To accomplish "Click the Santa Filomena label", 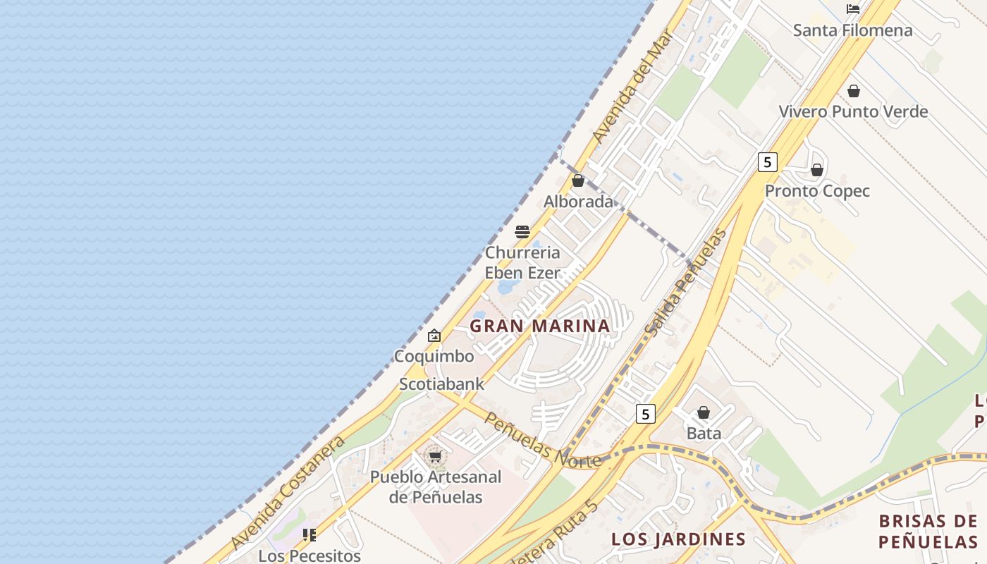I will click(852, 30).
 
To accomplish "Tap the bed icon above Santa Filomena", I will click(853, 9).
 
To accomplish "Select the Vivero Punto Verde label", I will click(853, 111).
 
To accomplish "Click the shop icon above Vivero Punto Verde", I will click(854, 91).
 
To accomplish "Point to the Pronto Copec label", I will click(817, 191).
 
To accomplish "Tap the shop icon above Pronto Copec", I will click(817, 170).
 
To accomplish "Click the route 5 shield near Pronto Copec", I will click(767, 162).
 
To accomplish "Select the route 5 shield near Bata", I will click(645, 414).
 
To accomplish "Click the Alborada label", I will click(578, 202).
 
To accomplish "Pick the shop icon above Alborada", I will click(578, 180).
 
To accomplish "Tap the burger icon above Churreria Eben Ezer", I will click(522, 232).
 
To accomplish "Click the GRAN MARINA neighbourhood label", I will click(540, 326).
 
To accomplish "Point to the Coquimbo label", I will click(434, 356).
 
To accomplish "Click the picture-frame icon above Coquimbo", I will click(434, 336).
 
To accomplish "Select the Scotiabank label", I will click(442, 384).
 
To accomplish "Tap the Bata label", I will click(704, 433).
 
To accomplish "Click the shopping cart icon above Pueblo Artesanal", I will click(435, 457).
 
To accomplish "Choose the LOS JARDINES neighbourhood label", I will click(678, 539).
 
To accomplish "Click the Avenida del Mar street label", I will click(634, 86).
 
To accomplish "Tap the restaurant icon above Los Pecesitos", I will click(309, 535).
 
